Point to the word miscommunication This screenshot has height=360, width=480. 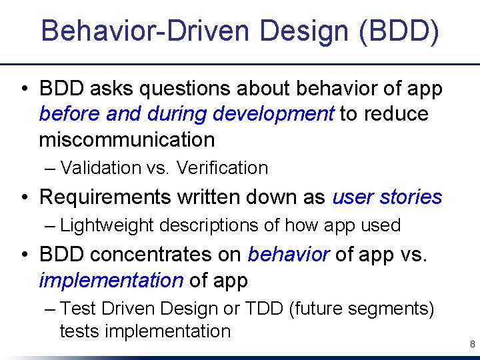tap(127, 139)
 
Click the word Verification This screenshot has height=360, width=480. tap(222, 168)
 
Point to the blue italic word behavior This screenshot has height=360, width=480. tap(289, 254)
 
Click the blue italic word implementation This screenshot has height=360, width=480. tap(111, 280)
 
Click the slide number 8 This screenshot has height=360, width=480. tap(472, 345)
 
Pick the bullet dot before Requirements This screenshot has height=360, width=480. tap(24, 197)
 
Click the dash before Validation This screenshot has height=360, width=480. tap(51, 168)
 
